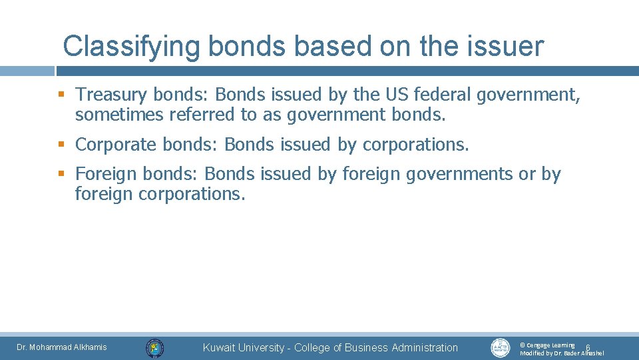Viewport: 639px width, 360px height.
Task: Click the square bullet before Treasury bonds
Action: [x=62, y=95]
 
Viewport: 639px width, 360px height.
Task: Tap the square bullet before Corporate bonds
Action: [x=62, y=145]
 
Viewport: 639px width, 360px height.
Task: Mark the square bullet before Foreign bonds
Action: [x=62, y=174]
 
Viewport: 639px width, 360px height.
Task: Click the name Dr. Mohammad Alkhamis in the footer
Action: [x=61, y=347]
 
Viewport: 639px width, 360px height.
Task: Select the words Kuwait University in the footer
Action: [x=244, y=347]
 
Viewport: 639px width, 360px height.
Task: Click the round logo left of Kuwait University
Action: [x=155, y=347]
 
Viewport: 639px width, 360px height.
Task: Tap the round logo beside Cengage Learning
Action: [x=501, y=347]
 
